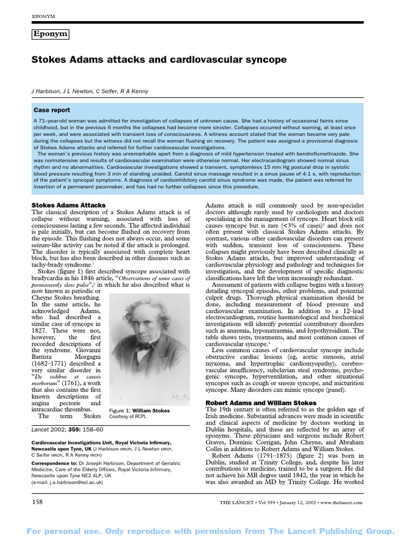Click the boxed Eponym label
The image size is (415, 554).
pos(51,34)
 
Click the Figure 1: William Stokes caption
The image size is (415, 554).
pos(139,411)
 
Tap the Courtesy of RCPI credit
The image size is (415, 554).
pos(128,418)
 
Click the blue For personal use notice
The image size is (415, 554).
pos(207,532)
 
